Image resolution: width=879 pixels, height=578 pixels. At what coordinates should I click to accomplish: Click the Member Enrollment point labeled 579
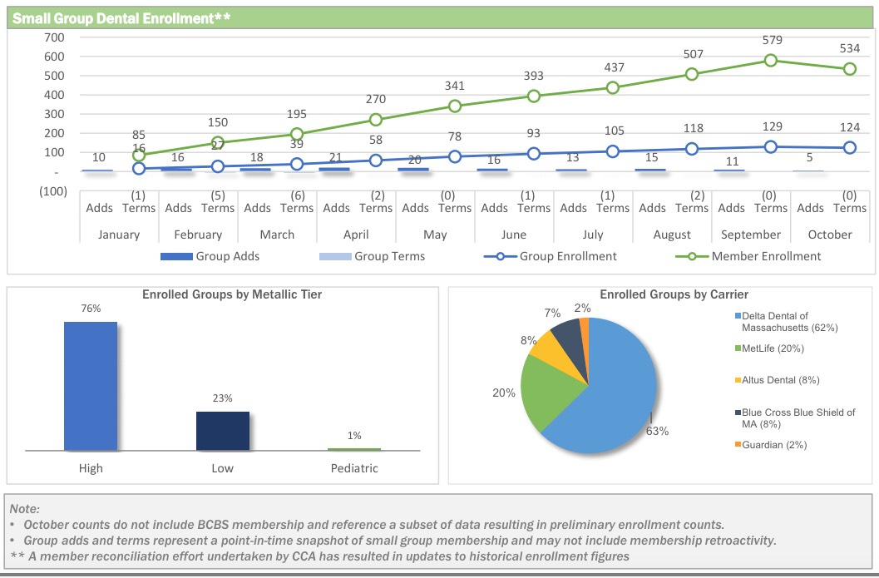(x=771, y=61)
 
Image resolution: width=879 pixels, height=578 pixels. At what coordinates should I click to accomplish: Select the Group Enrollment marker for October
(x=850, y=148)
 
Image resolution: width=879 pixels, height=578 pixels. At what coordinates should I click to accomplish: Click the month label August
(x=672, y=235)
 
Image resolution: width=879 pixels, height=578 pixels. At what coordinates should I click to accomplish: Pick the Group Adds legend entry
(x=210, y=256)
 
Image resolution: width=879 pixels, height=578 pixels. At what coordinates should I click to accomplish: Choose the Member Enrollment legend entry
(x=765, y=256)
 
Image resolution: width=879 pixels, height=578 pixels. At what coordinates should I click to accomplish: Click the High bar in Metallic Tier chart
(x=91, y=386)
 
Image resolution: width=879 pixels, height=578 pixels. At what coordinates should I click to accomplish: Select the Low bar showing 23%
(x=222, y=431)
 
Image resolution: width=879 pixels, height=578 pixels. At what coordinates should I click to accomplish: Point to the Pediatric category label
(x=353, y=468)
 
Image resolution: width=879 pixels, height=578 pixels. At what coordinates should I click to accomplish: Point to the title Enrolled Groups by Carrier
(x=674, y=294)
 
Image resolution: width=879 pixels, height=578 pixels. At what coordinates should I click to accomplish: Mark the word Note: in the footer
(x=25, y=508)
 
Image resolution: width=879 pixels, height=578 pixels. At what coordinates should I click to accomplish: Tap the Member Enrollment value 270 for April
(x=376, y=100)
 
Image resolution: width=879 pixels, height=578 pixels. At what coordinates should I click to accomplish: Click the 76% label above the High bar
(x=91, y=309)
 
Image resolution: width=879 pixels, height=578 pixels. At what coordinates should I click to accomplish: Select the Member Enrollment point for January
(x=139, y=156)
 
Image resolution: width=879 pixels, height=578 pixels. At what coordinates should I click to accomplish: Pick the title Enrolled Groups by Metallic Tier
(x=232, y=294)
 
